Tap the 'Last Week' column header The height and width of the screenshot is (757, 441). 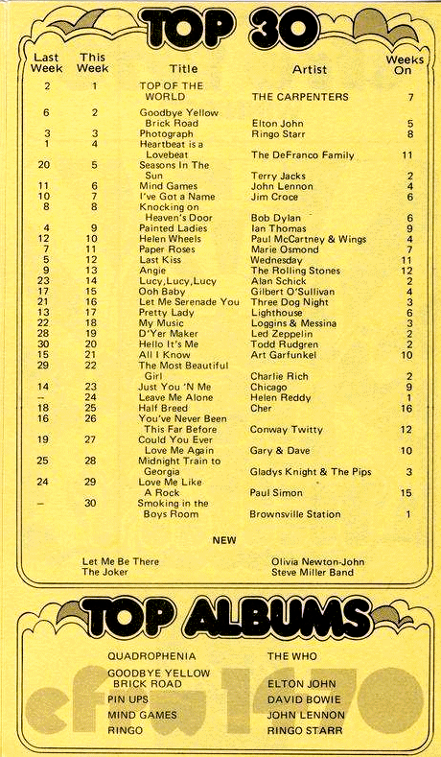(x=46, y=63)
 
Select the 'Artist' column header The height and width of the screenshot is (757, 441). (x=309, y=69)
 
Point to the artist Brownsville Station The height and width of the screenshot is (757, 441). (x=296, y=514)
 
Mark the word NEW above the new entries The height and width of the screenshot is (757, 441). (x=223, y=539)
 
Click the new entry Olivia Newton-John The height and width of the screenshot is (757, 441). (x=311, y=560)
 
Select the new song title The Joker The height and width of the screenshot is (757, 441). (x=105, y=572)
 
